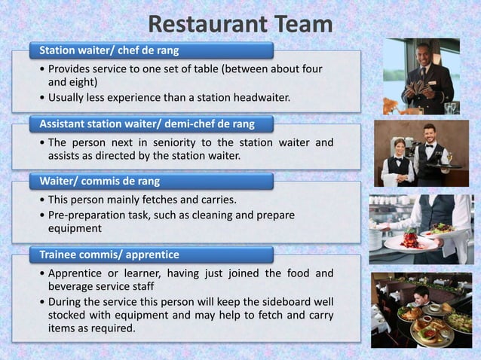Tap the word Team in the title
(x=299, y=25)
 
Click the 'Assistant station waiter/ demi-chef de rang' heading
(x=147, y=123)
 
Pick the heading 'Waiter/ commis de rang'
(x=100, y=181)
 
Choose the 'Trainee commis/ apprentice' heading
(x=109, y=254)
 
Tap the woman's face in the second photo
(x=400, y=146)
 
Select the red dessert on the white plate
(x=409, y=239)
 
